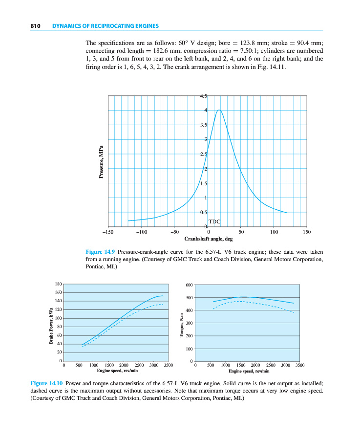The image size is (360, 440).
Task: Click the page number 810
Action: [34, 26]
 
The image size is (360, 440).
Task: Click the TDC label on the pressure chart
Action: [215, 221]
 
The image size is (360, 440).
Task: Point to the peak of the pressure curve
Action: [219, 110]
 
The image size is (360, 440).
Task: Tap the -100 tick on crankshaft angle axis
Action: [141, 232]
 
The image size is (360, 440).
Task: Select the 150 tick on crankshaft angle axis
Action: [306, 232]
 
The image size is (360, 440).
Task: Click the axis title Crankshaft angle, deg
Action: [209, 239]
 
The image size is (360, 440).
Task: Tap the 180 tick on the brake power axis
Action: [58, 284]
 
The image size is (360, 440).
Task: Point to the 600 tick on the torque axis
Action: [190, 285]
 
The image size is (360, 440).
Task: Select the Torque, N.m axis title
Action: [181, 325]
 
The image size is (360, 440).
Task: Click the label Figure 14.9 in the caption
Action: [100, 252]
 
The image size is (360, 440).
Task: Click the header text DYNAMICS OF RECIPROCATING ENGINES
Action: [105, 26]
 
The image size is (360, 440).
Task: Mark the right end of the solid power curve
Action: [163, 296]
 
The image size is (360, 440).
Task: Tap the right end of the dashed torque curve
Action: [294, 312]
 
